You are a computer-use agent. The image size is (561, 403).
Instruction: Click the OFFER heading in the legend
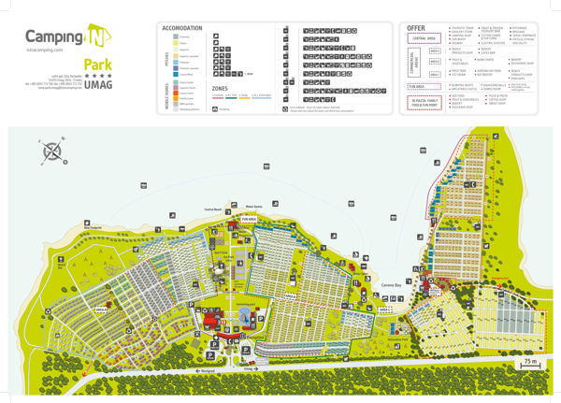(x=417, y=28)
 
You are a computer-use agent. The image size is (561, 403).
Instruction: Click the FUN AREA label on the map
(x=250, y=218)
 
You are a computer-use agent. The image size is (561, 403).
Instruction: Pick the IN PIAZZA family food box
(x=425, y=101)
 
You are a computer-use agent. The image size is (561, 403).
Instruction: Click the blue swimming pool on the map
(x=245, y=314)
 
